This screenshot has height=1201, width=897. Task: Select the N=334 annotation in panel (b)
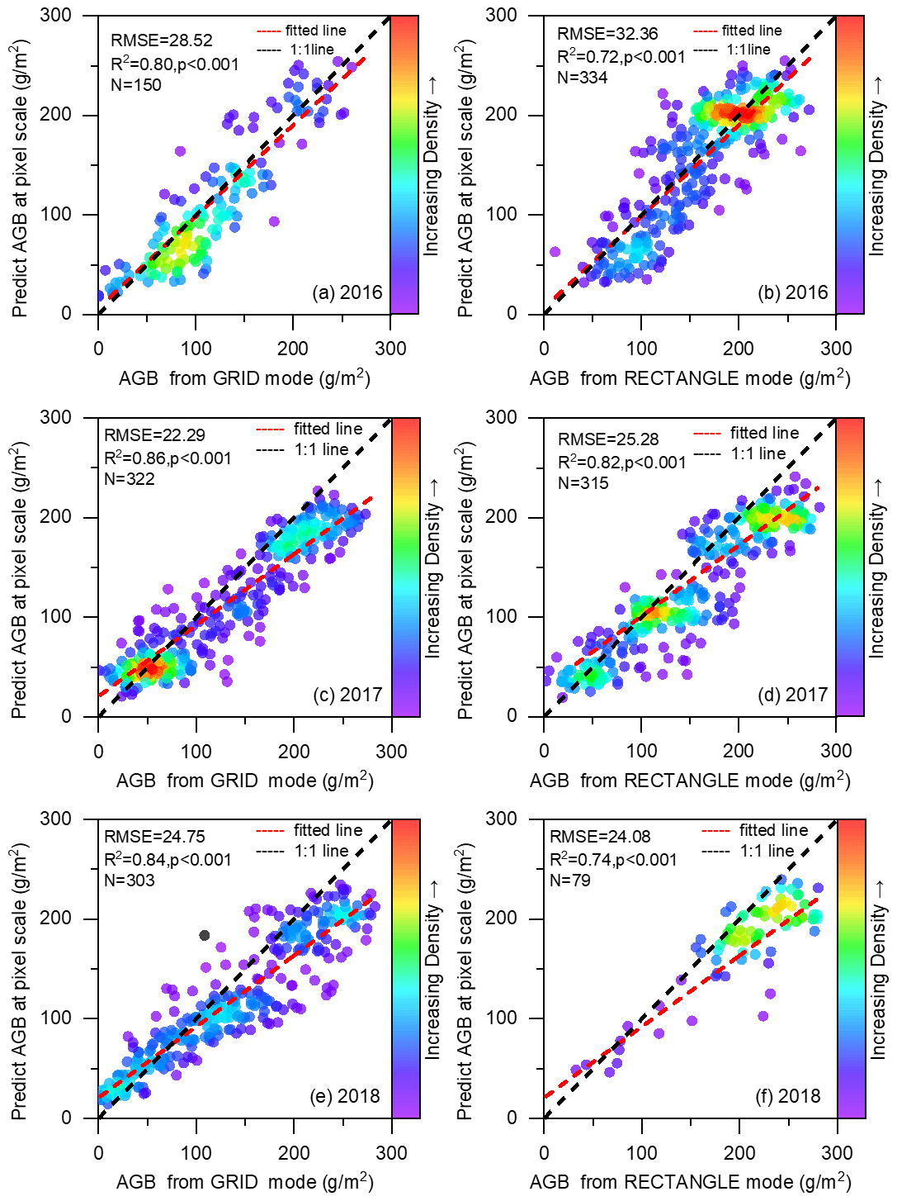tap(582, 78)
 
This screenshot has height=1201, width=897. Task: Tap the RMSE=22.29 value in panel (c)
tap(154, 435)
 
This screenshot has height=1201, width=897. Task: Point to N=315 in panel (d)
tap(583, 483)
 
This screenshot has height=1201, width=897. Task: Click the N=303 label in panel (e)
tap(129, 881)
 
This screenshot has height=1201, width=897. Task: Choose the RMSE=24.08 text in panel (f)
tap(600, 837)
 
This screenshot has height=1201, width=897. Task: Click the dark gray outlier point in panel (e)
tap(205, 935)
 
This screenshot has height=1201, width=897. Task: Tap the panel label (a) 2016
tap(347, 292)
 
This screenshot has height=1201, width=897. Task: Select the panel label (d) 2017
tap(792, 695)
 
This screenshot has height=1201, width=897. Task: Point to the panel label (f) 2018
tap(788, 1096)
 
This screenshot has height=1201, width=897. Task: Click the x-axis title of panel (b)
tap(689, 378)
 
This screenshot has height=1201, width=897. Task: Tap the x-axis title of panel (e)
tap(244, 1182)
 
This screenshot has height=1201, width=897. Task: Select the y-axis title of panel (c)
tap(20, 582)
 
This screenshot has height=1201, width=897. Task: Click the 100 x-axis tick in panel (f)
tap(641, 1153)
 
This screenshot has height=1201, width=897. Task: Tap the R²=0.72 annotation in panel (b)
tap(621, 56)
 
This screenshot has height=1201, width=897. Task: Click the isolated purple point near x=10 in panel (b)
tap(555, 252)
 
